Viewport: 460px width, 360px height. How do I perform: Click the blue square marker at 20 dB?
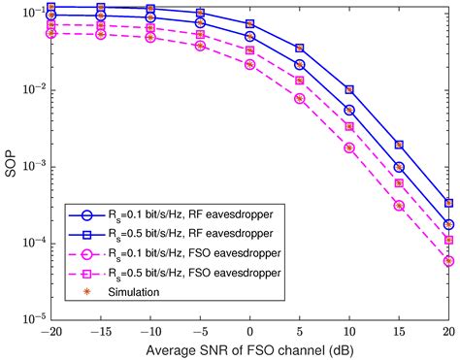pyautogui.click(x=447, y=204)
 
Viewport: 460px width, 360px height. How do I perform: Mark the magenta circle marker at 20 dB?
pyautogui.click(x=447, y=261)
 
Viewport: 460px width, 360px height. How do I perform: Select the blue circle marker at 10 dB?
pyautogui.click(x=348, y=111)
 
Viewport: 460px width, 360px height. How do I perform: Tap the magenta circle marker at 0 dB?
pyautogui.click(x=249, y=65)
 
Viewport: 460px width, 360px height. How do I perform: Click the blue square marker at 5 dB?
pyautogui.click(x=299, y=48)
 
